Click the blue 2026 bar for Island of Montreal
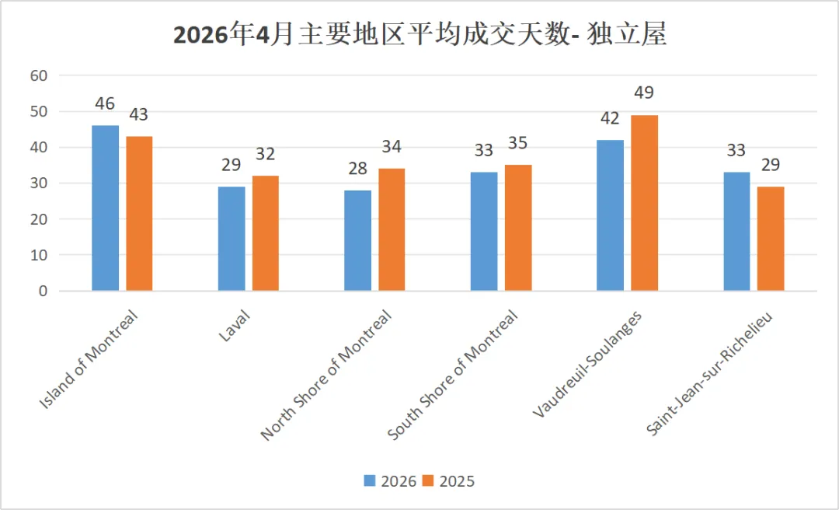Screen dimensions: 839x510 point(106,208)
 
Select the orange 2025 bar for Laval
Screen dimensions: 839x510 point(266,233)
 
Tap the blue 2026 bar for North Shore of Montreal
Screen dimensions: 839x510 point(357,240)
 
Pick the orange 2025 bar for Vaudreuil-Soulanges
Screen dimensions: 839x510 point(644,203)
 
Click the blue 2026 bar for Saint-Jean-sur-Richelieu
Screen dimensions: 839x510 point(736,232)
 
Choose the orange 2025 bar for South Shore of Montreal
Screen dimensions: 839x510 point(518,228)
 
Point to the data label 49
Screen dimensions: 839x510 point(644,93)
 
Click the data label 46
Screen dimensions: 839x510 point(105,103)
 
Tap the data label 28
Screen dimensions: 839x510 point(357,168)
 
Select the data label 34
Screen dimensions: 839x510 point(392,147)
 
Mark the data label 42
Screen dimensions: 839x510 point(610,118)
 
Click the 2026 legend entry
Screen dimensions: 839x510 point(390,481)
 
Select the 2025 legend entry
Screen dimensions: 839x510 point(448,481)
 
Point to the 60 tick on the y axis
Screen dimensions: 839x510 point(39,75)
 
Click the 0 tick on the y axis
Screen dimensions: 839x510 point(44,292)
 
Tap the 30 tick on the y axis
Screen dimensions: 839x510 point(39,183)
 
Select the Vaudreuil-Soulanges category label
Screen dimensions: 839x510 point(587,363)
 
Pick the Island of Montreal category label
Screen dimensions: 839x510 point(89,359)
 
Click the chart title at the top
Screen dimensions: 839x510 point(420,36)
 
